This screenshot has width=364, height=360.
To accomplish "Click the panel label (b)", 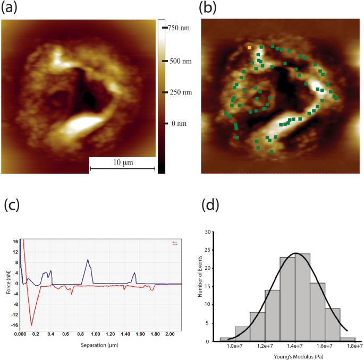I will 209,8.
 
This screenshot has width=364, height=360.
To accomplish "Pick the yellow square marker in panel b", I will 249,48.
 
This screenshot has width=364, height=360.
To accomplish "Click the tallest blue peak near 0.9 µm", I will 88,260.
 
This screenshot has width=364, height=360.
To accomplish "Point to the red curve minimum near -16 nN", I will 31,324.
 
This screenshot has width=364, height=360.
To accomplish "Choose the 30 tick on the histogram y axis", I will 214,232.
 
